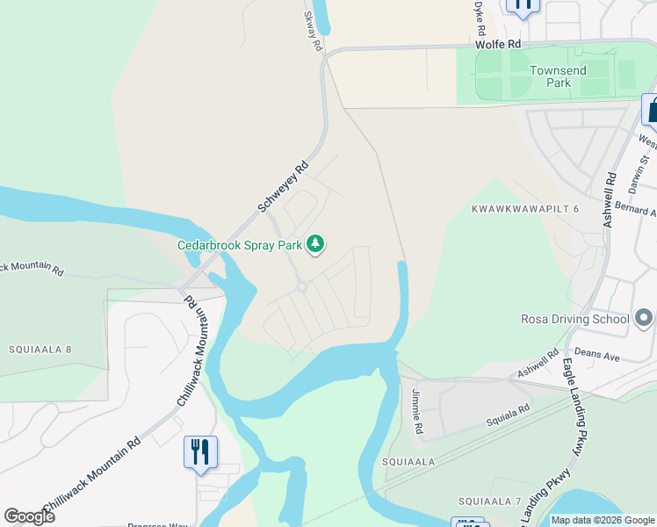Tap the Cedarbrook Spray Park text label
point(240,246)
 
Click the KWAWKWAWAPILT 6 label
point(525,209)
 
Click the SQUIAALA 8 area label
point(40,350)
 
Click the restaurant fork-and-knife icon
point(200,451)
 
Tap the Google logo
point(29,516)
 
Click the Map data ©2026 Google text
point(603,520)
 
